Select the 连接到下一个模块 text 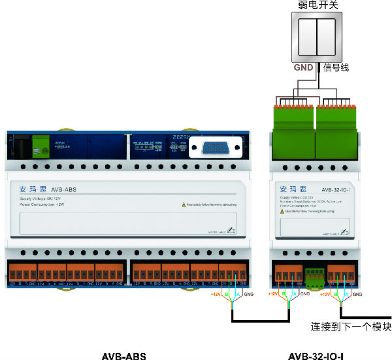(x=350, y=327)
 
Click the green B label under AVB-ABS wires (x=227, y=295)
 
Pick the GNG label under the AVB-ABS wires (x=248, y=295)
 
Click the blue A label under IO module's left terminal (x=295, y=295)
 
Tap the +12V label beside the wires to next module (x=325, y=295)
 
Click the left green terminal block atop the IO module (x=293, y=121)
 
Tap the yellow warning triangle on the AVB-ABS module (x=184, y=205)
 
